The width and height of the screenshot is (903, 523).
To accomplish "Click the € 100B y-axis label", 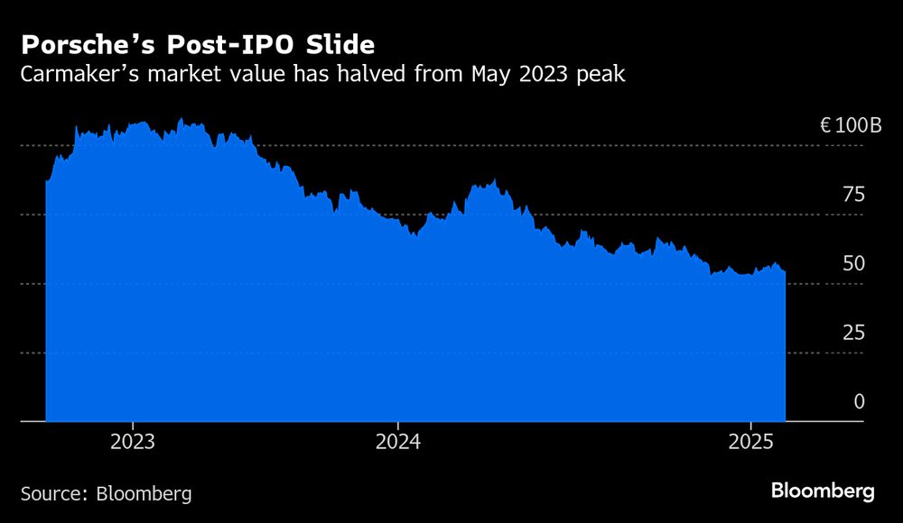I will [850, 125].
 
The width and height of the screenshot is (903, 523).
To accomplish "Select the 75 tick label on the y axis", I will [853, 194].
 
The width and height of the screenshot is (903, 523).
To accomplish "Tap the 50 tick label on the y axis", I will [853, 263].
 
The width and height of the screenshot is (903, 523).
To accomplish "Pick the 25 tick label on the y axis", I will [853, 333].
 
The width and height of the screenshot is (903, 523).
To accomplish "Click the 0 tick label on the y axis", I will [860, 401].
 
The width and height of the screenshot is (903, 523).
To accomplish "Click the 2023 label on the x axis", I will [133, 442].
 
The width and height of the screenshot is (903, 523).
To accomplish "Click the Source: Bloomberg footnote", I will [106, 493].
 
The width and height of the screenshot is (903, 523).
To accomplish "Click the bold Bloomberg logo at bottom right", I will [823, 491].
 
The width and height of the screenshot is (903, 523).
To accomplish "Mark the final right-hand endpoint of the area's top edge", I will [785, 271].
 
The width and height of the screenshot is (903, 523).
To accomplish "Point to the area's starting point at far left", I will [46, 182].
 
